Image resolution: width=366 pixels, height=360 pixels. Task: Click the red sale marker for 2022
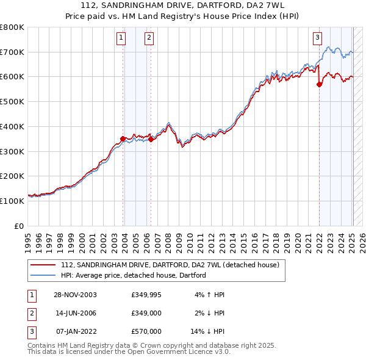pyautogui.click(x=319, y=85)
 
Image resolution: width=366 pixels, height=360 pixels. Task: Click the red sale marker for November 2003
pyautogui.click(x=123, y=139)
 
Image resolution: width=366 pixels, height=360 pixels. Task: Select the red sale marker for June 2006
pyautogui.click(x=151, y=139)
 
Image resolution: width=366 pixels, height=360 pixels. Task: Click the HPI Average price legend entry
pyautogui.click(x=133, y=275)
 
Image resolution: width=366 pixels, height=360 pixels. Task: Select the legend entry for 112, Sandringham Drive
pyautogui.click(x=170, y=265)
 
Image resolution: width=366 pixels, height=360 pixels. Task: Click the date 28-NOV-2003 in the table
pyautogui.click(x=75, y=295)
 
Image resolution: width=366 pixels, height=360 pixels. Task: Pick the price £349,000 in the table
pyautogui.click(x=146, y=313)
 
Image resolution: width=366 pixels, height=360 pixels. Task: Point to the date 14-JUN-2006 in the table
pyautogui.click(x=75, y=313)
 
